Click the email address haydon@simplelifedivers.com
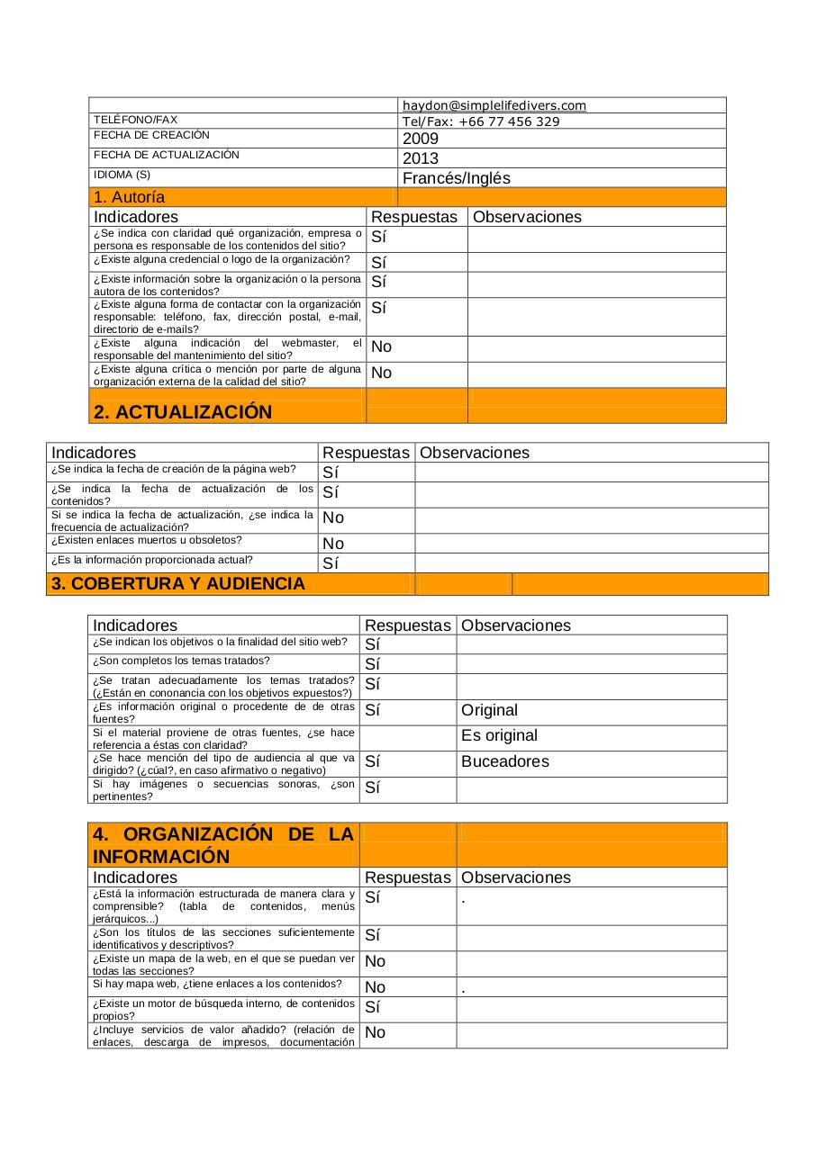pos(494,105)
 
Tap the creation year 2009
pos(421,139)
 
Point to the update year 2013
pos(421,158)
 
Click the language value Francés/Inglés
pos(456,178)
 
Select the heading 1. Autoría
pos(129,197)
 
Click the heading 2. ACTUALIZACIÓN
pos(182,412)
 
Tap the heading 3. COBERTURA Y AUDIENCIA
pos(177,583)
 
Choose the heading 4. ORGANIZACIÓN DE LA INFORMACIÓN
pos(223,845)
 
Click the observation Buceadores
pos(504,761)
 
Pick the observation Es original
pos(499,735)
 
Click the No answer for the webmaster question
pos(381,346)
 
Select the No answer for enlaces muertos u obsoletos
pos(333,544)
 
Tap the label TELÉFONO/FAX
pos(135,120)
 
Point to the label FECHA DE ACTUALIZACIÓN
pos(167,155)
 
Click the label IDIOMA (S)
pos(122,175)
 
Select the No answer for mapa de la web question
pos(375,961)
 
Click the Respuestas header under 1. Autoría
pos(414,217)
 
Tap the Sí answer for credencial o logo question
pos(378,263)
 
